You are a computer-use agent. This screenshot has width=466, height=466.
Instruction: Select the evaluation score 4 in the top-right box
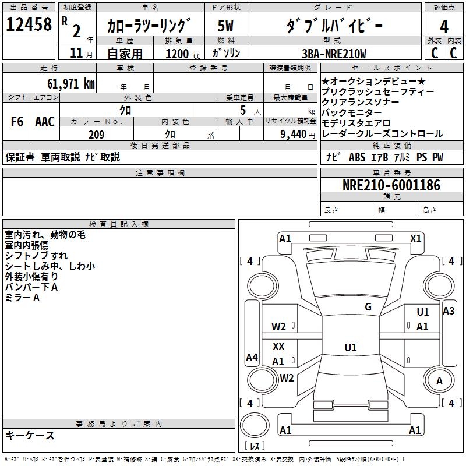(x=444, y=26)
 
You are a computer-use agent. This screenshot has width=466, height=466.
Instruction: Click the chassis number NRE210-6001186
(x=391, y=186)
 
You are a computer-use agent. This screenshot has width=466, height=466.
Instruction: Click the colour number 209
(x=96, y=135)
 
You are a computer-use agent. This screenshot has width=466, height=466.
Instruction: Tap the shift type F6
(x=17, y=122)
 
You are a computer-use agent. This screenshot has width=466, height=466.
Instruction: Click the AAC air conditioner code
(x=44, y=122)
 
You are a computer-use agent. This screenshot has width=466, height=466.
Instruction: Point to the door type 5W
(x=226, y=26)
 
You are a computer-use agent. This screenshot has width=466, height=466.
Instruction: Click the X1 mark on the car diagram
(x=415, y=238)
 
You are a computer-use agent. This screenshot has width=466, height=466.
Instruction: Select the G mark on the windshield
(x=368, y=307)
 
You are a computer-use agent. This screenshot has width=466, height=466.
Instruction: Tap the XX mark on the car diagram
(x=278, y=347)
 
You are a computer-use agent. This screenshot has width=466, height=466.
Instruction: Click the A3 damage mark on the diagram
(x=449, y=311)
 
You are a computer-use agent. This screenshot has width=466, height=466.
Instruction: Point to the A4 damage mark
(x=252, y=358)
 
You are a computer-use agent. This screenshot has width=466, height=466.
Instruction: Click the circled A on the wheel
(x=439, y=380)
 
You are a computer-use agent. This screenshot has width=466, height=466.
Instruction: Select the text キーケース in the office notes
(x=30, y=436)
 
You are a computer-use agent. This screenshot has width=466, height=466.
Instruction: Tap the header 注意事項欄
(x=160, y=173)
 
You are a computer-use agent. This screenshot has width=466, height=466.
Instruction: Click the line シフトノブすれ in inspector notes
(x=36, y=256)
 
